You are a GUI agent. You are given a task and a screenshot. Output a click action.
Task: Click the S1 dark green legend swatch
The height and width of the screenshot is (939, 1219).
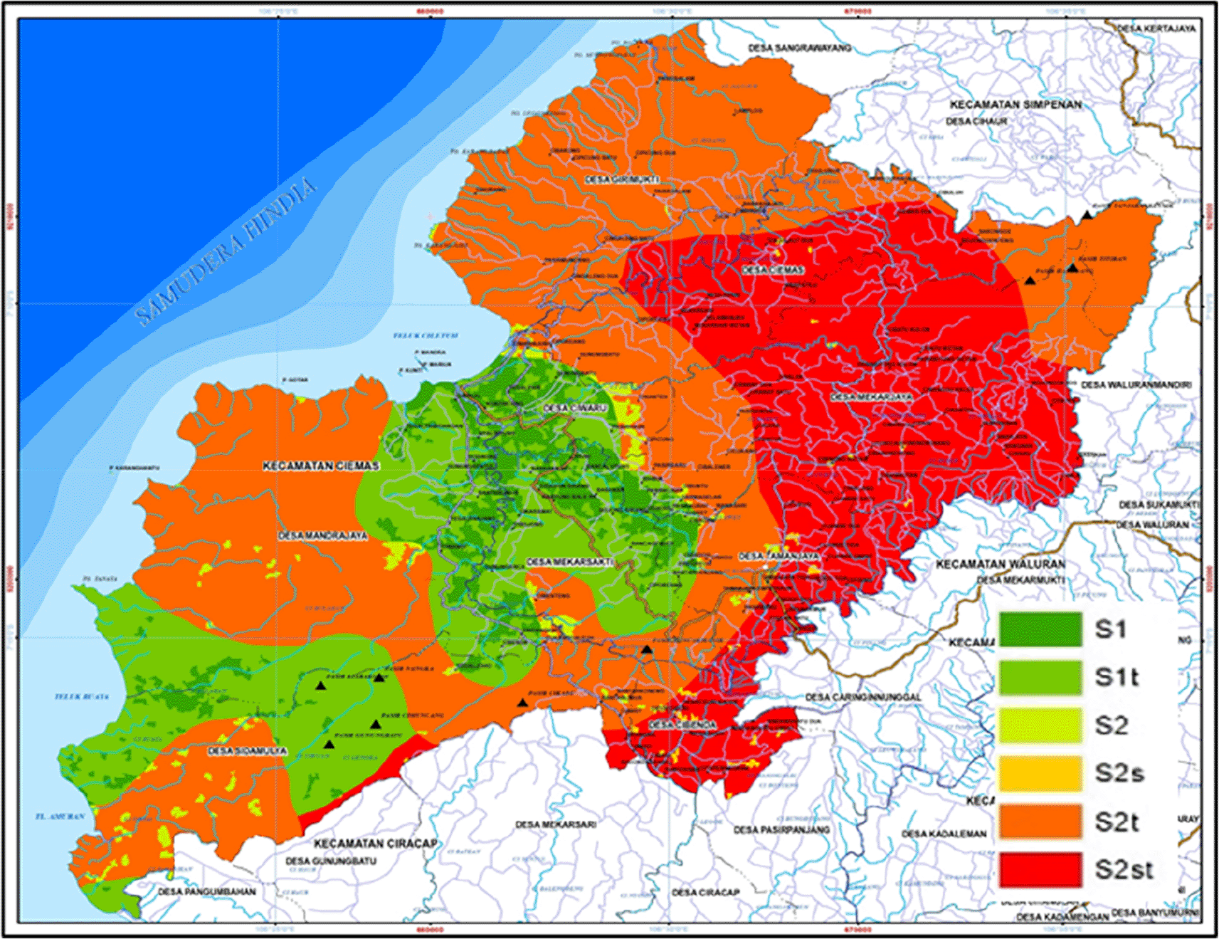pos(1040,629)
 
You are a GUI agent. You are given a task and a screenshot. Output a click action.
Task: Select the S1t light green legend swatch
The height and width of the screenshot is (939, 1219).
pos(1040,677)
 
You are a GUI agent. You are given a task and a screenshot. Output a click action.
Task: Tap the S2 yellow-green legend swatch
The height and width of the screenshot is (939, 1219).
pos(1040,725)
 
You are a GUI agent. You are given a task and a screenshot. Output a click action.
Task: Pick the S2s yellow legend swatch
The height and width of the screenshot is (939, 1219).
pos(1040,773)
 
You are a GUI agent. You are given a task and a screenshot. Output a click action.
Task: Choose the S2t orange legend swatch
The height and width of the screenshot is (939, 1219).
pos(1040,822)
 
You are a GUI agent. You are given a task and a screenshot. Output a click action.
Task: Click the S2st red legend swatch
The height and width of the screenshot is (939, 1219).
pos(1040,869)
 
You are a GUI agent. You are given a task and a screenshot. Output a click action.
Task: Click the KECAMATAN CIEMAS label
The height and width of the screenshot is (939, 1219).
pos(321,466)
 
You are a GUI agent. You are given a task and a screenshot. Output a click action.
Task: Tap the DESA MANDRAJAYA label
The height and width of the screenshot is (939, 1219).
pos(322,535)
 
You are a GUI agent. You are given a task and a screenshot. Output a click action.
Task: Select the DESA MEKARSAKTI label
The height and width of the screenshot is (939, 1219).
pos(569,562)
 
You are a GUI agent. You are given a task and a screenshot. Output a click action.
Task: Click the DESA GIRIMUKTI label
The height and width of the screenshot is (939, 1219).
pos(622,180)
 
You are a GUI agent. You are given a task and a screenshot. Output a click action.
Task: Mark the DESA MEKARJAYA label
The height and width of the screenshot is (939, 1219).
pos(871,397)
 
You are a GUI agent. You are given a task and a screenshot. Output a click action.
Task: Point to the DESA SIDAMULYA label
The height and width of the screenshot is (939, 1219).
pos(247,751)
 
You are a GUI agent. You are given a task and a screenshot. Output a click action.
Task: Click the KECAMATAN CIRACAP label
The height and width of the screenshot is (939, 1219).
pos(376,844)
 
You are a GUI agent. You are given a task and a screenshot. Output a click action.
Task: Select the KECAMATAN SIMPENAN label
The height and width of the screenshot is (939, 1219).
pos(1015,105)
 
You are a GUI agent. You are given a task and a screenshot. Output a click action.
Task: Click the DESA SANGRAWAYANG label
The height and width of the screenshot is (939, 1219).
pos(799,48)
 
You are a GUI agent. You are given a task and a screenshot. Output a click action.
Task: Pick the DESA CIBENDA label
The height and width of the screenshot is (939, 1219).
pos(682,725)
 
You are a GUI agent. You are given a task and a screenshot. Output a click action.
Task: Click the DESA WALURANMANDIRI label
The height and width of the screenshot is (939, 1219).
pos(1136,385)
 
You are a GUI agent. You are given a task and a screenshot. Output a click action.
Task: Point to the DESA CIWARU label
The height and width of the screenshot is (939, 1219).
pos(575,409)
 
